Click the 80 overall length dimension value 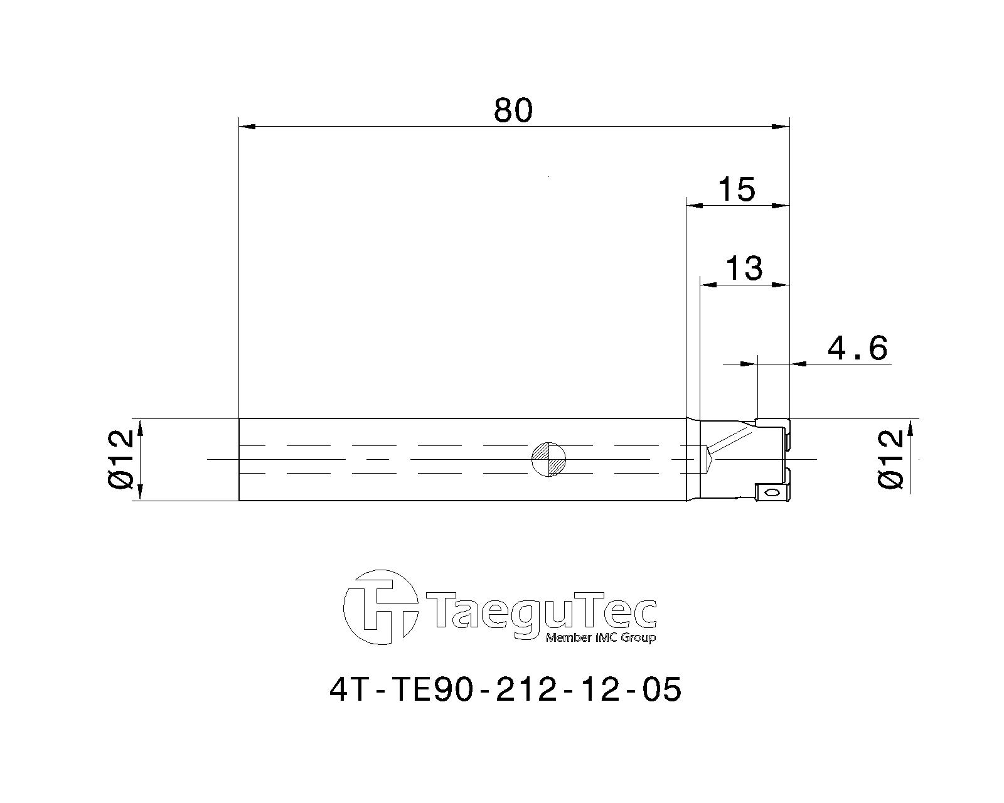pyautogui.click(x=513, y=110)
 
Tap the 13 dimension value pyautogui.click(x=744, y=268)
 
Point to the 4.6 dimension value pyautogui.click(x=857, y=349)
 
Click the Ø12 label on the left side pyautogui.click(x=121, y=459)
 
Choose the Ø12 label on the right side pyautogui.click(x=891, y=459)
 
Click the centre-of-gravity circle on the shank pyautogui.click(x=549, y=459)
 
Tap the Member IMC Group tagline pyautogui.click(x=601, y=638)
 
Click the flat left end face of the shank pyautogui.click(x=239, y=459)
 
